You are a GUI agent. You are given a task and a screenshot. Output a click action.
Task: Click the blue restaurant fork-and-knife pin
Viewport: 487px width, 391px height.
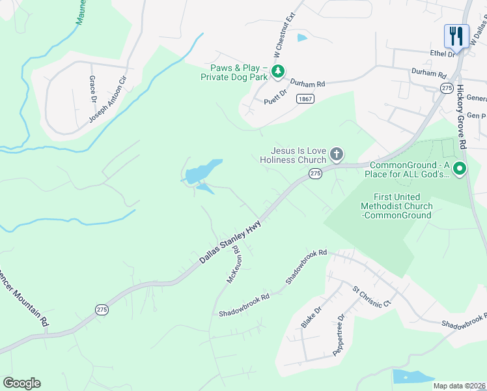[x=456, y=35]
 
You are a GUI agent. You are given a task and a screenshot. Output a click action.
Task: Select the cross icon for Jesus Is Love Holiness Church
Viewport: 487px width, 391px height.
[x=336, y=154]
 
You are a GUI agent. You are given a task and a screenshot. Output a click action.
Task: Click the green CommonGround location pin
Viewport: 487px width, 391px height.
[x=459, y=169]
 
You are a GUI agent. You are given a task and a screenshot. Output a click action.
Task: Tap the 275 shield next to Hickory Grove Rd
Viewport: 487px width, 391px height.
[x=446, y=87]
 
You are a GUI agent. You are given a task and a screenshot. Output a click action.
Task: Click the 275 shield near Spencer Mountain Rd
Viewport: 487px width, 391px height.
[x=101, y=310]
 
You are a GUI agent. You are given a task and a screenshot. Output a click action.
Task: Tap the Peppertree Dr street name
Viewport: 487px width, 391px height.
[x=339, y=334]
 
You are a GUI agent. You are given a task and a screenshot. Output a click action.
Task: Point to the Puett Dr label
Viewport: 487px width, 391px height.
[x=276, y=102]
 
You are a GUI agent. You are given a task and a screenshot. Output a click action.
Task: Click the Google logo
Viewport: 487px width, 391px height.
[x=21, y=383]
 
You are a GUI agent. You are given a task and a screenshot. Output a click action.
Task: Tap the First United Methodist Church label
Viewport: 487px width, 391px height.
[x=397, y=206]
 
